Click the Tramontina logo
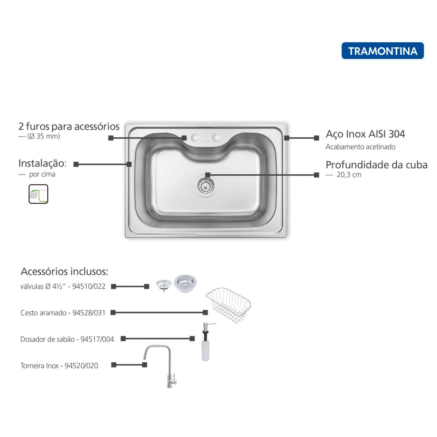click(382, 51)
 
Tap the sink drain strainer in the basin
click(205, 186)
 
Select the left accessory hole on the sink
click(194, 137)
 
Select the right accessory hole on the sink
click(216, 137)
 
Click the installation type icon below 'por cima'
click(38, 194)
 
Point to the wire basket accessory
click(228, 305)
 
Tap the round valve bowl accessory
click(185, 283)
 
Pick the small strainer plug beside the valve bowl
click(164, 285)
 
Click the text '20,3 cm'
click(349, 175)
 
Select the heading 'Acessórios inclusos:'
click(64, 271)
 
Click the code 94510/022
click(88, 286)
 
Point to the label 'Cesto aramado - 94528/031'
click(63, 313)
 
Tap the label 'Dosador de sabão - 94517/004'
click(67, 339)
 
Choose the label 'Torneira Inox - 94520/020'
click(59, 366)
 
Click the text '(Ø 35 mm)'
click(44, 136)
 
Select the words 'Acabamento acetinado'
click(361, 147)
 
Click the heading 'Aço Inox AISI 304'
click(365, 134)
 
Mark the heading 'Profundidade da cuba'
click(377, 165)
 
